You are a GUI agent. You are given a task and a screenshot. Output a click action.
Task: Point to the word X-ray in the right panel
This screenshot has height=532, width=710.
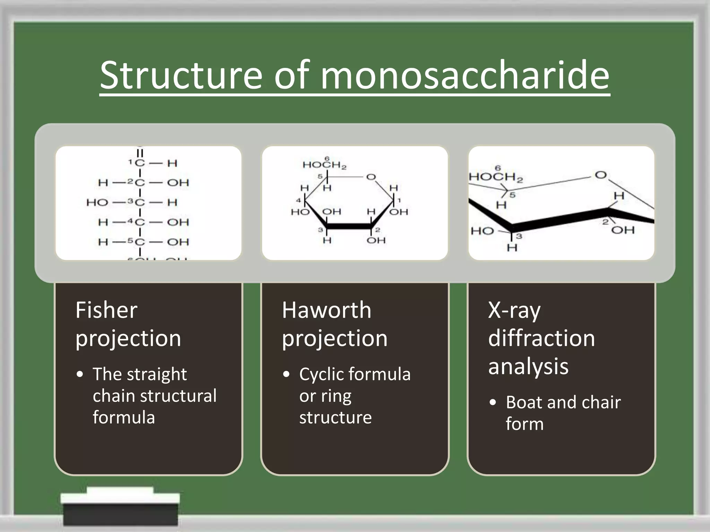[x=514, y=311]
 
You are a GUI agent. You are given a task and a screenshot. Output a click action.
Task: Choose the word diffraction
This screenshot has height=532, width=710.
[x=541, y=338]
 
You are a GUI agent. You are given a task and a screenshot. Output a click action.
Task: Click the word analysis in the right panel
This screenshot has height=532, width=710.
[x=528, y=366]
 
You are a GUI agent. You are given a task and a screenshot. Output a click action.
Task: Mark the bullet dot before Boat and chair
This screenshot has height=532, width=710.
[x=493, y=403]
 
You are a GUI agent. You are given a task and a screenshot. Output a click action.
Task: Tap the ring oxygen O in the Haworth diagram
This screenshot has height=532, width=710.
[x=371, y=177]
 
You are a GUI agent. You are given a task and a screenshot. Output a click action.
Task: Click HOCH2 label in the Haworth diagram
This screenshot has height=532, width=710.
[x=324, y=165]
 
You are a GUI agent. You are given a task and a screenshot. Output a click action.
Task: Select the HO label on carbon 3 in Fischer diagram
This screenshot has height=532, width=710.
[x=97, y=202]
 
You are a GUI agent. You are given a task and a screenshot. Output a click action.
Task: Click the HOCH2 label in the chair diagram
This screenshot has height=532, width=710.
[x=495, y=177]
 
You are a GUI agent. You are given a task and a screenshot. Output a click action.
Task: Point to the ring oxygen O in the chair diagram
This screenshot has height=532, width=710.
[x=601, y=175]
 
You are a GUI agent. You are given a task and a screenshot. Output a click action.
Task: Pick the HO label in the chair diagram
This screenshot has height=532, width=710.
[x=482, y=231]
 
